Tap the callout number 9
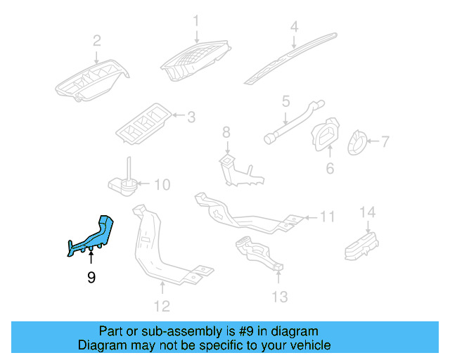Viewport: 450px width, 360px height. tap(91, 278)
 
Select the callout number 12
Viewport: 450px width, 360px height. tap(162, 305)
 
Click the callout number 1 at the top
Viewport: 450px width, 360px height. tap(197, 20)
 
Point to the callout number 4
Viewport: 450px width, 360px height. tap(295, 27)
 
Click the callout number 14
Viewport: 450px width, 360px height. tap(368, 212)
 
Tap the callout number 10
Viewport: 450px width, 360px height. tap(162, 185)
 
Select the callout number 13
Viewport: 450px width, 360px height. tap(279, 297)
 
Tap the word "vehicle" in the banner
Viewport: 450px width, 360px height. tap(307, 345)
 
